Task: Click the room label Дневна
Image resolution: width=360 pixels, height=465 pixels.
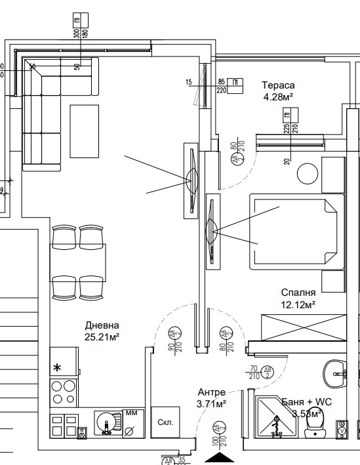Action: click(102, 325)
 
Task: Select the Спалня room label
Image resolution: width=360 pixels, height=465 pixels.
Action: click(298, 293)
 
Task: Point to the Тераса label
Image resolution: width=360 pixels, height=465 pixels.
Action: click(278, 85)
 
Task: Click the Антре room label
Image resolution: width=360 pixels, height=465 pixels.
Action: click(211, 392)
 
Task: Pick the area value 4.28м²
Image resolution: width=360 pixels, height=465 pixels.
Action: click(277, 96)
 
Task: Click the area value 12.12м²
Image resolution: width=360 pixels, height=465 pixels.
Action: click(298, 304)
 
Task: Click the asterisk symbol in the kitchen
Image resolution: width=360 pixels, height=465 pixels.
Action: click(58, 367)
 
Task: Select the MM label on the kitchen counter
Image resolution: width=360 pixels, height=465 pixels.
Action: click(130, 413)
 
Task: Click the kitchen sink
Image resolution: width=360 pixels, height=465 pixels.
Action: click(106, 424)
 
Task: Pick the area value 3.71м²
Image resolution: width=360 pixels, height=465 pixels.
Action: click(212, 403)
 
